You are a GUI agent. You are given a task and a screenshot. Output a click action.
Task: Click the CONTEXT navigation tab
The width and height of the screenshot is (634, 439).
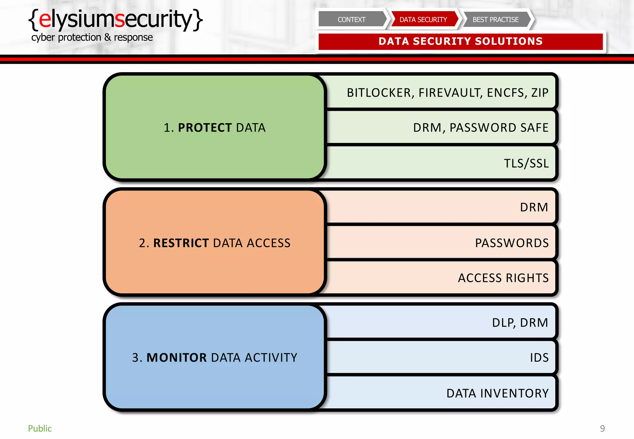351,20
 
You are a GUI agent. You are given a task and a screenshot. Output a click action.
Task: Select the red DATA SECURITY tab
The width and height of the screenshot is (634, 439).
423,20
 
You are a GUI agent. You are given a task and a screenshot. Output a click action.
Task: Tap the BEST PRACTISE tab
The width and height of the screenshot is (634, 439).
495,20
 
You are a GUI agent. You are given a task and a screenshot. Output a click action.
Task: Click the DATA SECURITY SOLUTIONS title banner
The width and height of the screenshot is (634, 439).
460,41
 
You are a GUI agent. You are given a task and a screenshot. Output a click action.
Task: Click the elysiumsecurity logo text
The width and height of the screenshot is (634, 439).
115,19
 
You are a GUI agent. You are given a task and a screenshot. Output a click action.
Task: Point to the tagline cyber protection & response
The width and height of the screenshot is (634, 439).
92,37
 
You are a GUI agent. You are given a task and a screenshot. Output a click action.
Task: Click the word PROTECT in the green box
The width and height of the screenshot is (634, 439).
205,128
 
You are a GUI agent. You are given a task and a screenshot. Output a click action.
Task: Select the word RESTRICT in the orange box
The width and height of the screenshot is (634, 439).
181,243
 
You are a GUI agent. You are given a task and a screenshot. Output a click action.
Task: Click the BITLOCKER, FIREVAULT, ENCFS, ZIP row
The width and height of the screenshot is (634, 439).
447,93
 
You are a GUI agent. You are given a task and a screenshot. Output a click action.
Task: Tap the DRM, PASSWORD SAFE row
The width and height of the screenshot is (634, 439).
480,128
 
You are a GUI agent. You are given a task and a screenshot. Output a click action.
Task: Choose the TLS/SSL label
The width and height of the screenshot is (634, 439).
526,163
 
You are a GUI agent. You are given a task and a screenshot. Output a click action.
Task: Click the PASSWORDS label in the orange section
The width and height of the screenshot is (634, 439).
512,243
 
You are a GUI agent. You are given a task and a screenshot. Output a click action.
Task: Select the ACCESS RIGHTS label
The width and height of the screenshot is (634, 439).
503,278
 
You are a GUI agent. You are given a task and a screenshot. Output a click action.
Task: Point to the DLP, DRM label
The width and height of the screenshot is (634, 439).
520,323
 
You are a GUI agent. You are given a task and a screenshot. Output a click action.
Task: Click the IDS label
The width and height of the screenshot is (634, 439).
539,358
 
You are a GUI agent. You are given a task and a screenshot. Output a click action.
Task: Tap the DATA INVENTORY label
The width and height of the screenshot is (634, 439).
497,393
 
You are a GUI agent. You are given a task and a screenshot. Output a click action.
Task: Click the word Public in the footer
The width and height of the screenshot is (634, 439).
40,428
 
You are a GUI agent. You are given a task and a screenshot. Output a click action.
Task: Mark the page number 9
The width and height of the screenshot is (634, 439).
602,428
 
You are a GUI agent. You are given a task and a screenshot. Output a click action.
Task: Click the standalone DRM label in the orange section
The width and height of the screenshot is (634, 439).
534,207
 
